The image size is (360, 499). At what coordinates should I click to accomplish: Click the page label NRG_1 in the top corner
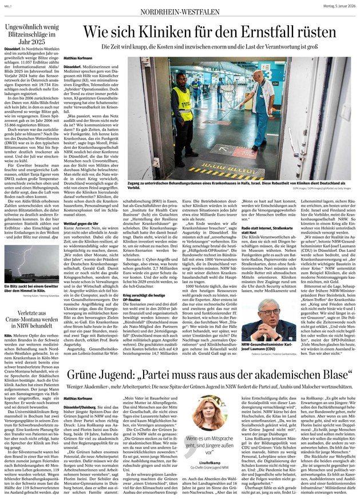7,5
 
